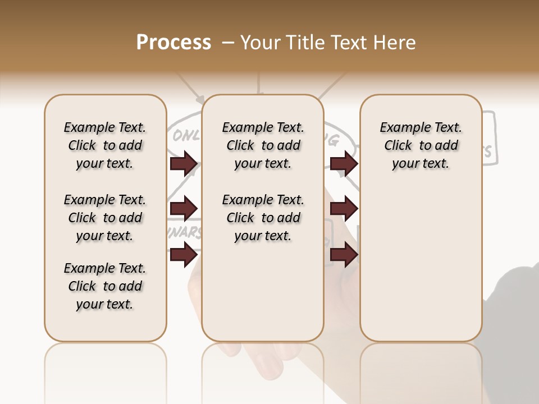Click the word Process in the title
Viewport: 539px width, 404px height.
point(173,43)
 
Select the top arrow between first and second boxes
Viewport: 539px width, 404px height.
point(184,164)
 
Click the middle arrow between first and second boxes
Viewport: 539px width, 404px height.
point(184,209)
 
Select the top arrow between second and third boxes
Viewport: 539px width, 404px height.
point(344,164)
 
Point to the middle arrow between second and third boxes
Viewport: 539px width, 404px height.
point(344,209)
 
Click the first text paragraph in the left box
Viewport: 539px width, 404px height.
point(105,145)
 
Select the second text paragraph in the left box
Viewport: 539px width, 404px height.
point(105,218)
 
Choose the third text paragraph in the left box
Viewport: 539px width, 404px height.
point(105,286)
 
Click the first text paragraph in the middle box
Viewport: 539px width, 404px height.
point(263,145)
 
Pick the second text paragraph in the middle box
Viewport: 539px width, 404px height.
point(263,218)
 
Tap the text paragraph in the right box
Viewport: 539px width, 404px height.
point(421,145)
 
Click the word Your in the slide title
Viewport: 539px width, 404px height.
point(261,43)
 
